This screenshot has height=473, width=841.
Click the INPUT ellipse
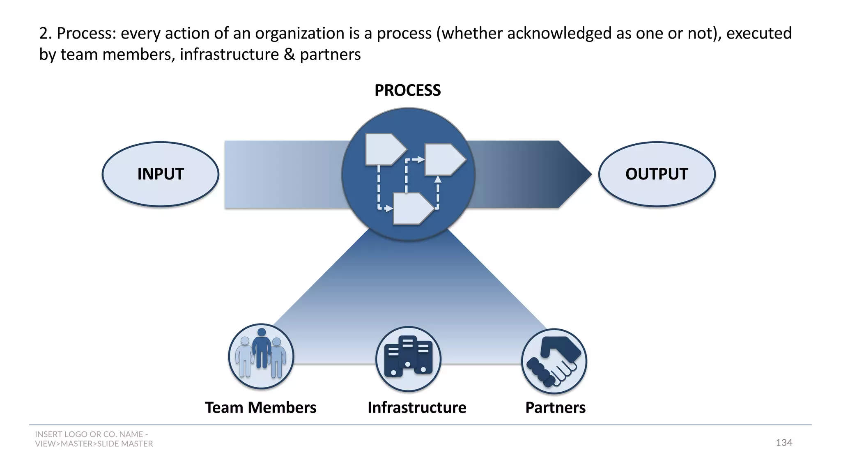point(160,174)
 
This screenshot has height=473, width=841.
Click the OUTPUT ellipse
point(657,174)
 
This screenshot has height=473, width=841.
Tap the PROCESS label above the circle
point(407,90)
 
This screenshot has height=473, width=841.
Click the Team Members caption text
point(261,408)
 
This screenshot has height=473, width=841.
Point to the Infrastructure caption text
point(417,408)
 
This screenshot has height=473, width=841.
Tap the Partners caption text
point(555,408)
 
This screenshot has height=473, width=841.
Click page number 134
point(784,443)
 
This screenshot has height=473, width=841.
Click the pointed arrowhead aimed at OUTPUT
point(575,174)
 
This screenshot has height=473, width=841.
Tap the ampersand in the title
point(290,55)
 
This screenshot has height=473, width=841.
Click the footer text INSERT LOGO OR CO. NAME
point(91,434)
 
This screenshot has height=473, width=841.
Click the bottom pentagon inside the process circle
point(412,209)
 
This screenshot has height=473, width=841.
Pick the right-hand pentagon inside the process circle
point(443,159)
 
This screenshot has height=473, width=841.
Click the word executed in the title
point(759,33)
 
